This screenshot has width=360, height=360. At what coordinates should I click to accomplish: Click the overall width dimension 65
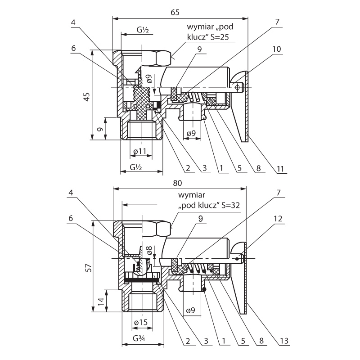click(175, 12)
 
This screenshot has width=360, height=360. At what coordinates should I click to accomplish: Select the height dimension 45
click(87, 96)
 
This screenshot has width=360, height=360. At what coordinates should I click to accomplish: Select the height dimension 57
click(87, 267)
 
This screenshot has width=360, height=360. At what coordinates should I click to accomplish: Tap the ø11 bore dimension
click(141, 152)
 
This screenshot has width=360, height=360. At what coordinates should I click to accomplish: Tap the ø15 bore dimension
click(141, 322)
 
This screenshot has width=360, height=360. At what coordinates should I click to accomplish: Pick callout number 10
click(277, 48)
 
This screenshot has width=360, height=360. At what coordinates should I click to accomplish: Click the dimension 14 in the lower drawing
click(100, 301)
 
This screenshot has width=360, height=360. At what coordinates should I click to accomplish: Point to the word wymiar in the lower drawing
click(192, 195)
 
